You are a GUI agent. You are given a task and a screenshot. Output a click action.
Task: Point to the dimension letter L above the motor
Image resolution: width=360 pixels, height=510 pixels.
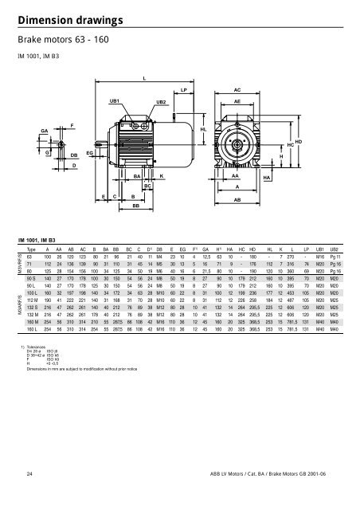pos(144,77)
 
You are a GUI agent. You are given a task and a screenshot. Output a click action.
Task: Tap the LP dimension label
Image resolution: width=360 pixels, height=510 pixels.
pos(184,90)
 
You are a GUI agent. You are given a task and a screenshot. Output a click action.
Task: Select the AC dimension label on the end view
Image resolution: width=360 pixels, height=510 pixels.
pos(237,90)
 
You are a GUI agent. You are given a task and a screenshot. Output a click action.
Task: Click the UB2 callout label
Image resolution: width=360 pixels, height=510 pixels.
pos(161,102)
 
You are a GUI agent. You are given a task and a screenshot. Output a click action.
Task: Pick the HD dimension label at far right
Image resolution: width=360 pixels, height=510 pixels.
pos(299,141)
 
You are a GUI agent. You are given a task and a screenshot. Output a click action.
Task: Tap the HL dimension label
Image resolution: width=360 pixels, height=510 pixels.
pos(203,128)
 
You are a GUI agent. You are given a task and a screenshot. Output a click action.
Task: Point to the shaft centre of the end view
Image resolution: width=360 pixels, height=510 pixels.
pos(236,142)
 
